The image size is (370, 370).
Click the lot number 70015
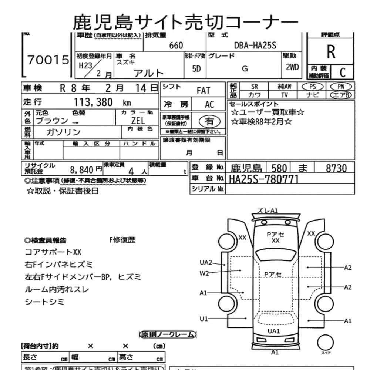tap(48, 60)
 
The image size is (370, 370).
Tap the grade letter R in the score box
tap(331, 52)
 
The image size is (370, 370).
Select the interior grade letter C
tap(342, 72)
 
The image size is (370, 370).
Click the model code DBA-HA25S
tap(255, 46)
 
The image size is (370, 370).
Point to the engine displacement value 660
tap(176, 46)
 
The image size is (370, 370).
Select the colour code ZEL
tap(138, 121)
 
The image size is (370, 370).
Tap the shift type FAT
tap(203, 90)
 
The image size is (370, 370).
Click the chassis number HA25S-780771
tap(264, 179)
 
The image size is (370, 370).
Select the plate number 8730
tap(336, 168)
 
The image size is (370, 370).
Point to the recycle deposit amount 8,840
tap(81, 170)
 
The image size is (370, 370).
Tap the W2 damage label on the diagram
tap(204, 273)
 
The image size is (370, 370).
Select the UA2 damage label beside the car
tap(206, 263)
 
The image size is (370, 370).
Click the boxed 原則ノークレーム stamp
tap(168, 334)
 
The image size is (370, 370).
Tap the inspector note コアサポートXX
tap(53, 252)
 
